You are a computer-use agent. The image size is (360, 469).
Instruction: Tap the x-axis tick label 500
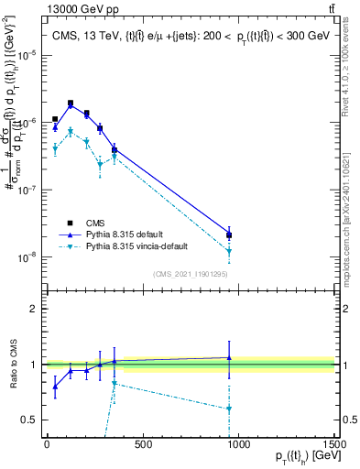(x=142, y=445)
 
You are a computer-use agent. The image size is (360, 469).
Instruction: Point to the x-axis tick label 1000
(x=238, y=445)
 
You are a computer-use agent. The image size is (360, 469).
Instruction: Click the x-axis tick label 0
(x=47, y=445)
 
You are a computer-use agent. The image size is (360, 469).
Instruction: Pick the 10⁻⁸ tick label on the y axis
(x=26, y=257)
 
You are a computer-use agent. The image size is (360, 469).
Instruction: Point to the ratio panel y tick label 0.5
(x=28, y=420)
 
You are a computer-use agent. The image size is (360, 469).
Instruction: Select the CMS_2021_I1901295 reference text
(x=190, y=273)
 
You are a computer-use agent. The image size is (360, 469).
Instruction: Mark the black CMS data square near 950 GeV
(x=229, y=235)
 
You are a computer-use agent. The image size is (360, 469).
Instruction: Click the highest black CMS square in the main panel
(x=71, y=104)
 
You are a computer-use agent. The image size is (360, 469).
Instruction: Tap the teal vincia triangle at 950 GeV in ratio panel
(x=229, y=409)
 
